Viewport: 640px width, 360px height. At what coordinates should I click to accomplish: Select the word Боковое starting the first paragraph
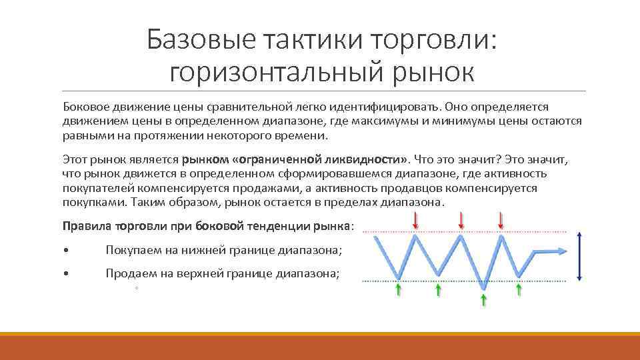pos(85,107)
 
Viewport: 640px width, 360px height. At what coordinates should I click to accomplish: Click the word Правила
pos(86,225)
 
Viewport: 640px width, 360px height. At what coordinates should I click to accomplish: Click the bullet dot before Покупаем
pos(65,251)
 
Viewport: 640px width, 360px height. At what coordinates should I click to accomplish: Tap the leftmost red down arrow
pos(416,220)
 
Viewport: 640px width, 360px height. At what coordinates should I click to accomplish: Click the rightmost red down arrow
pos(501,220)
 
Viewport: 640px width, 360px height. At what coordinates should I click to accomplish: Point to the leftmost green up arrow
pos(399,289)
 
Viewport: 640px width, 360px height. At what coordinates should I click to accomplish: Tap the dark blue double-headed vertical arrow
pos(579,256)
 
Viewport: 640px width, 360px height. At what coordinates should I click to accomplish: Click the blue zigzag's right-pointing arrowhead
pos(562,251)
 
